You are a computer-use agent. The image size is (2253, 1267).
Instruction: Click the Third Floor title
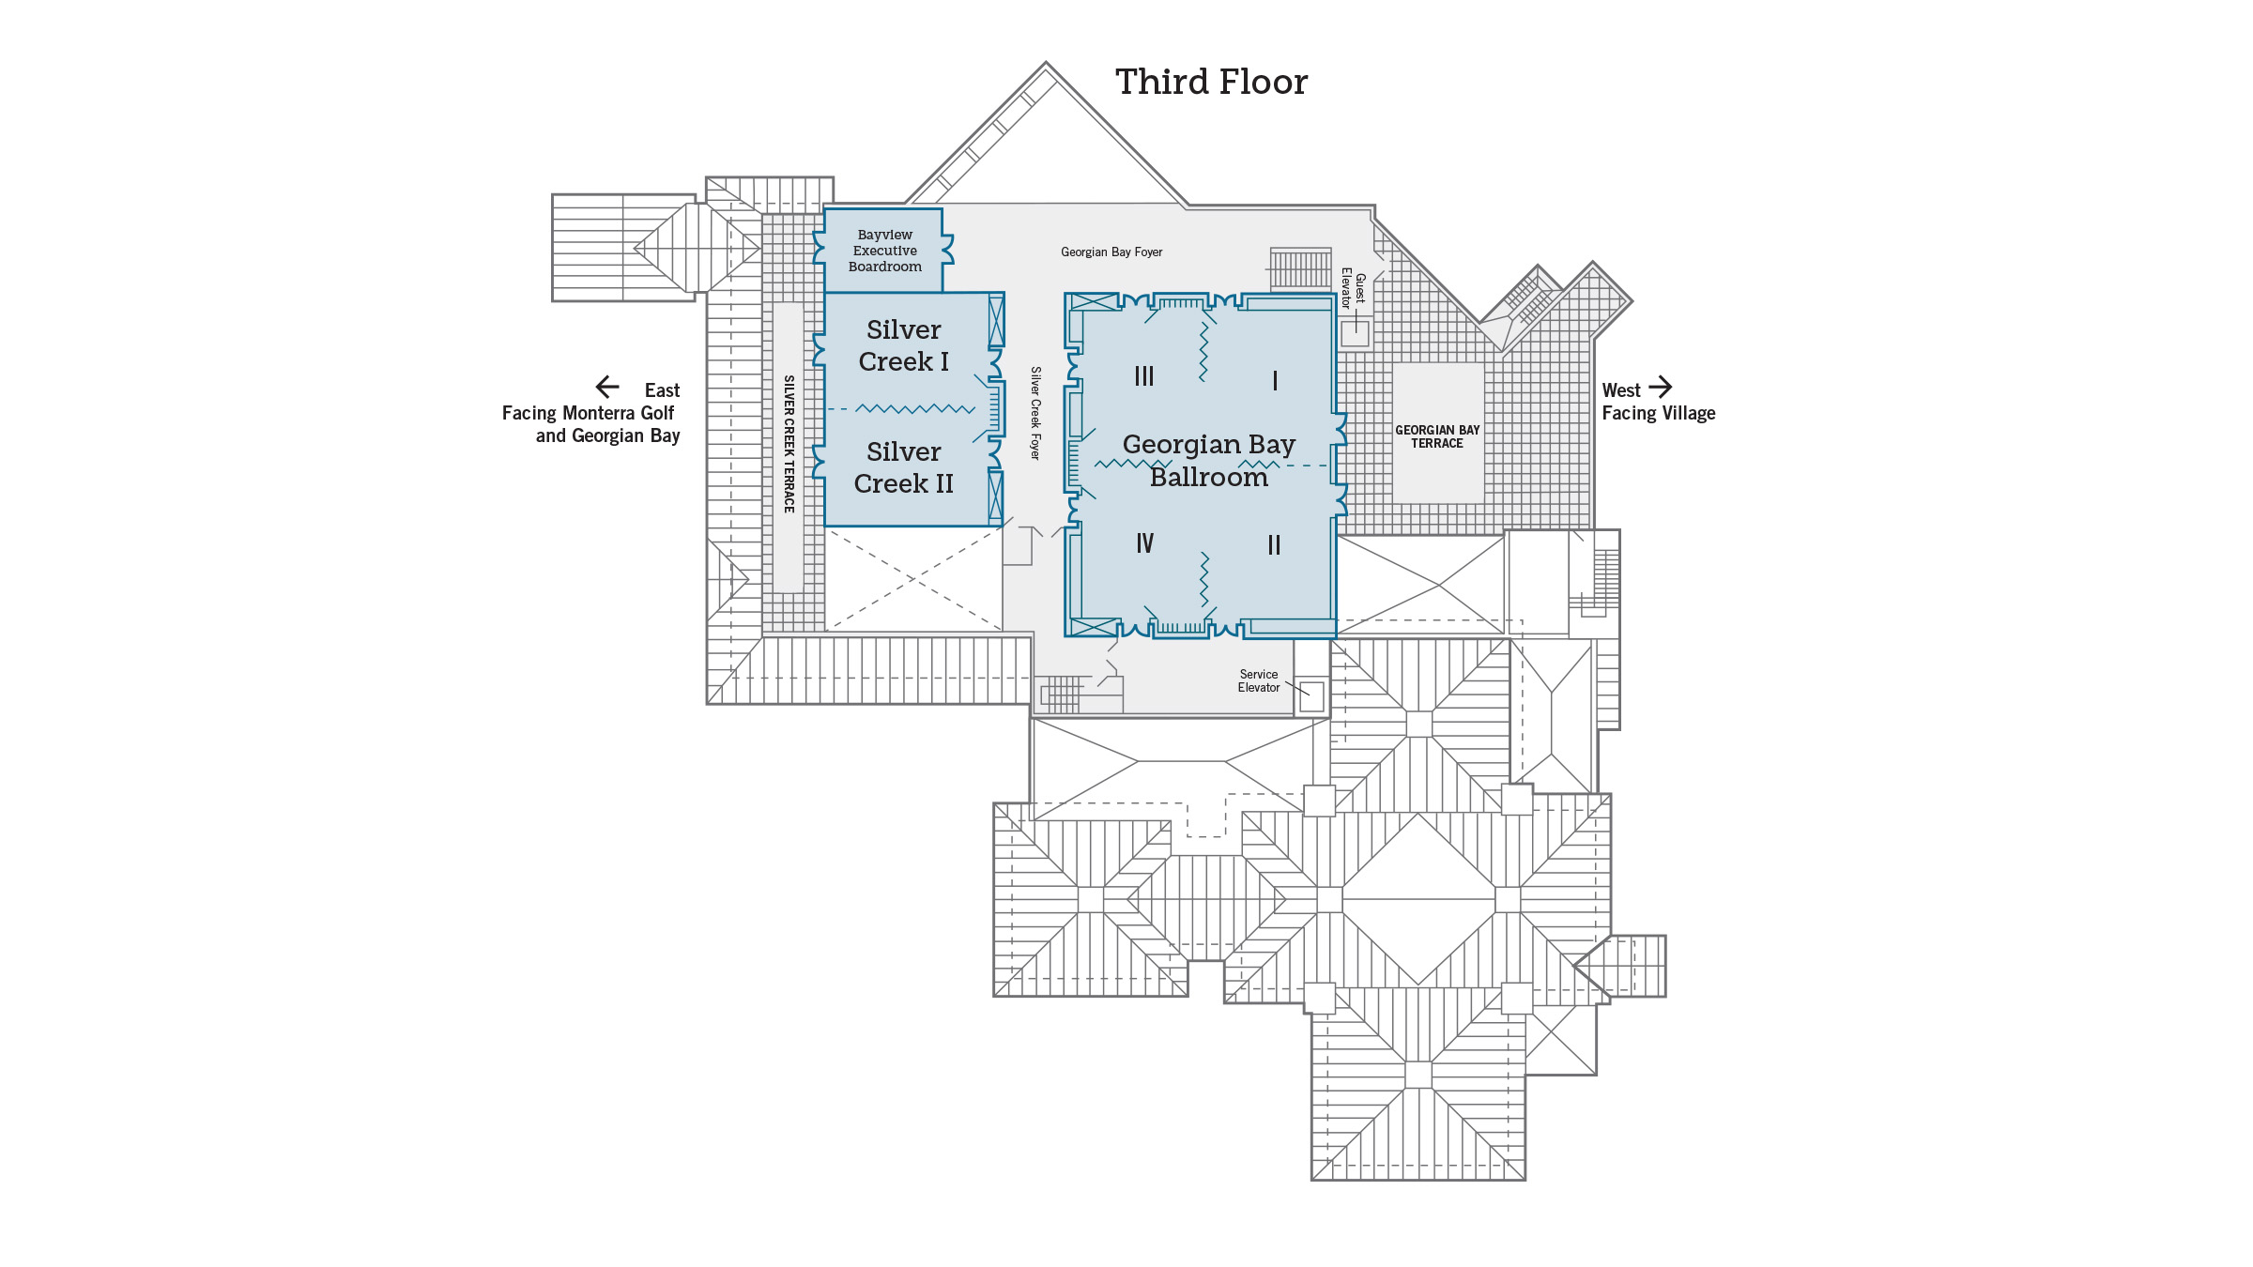pos(1211,83)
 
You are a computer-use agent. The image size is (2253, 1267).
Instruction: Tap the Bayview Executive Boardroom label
pos(884,251)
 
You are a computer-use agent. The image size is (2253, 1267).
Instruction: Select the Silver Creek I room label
pos(903,345)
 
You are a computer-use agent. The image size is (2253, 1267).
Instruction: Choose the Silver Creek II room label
pos(903,467)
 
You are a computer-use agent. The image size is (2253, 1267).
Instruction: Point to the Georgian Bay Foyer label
pos(1111,252)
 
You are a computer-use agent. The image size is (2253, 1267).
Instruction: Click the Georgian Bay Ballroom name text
pos(1208,460)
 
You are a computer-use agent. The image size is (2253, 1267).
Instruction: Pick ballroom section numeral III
pos(1143,376)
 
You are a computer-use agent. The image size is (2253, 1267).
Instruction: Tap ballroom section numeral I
pos(1274,380)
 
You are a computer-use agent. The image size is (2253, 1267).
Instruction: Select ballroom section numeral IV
pos(1144,543)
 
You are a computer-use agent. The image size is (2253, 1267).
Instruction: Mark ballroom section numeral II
pos(1274,545)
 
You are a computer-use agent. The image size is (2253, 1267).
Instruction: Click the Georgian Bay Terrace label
pos(1436,436)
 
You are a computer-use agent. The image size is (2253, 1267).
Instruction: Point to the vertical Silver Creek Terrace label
pos(789,444)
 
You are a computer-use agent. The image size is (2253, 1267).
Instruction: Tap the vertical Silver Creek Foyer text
pos(1035,413)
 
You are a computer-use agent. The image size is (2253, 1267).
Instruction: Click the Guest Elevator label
pos(1353,289)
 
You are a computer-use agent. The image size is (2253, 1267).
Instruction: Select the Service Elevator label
pos(1258,680)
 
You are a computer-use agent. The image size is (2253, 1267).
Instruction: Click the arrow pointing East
pos(607,387)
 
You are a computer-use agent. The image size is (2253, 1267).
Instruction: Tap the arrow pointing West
pos(1661,387)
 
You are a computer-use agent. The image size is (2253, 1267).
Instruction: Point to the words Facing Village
pos(1658,413)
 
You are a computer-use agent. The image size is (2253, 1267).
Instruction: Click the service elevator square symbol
pos(1311,696)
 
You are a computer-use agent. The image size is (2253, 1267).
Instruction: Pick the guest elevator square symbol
pos(1355,333)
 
